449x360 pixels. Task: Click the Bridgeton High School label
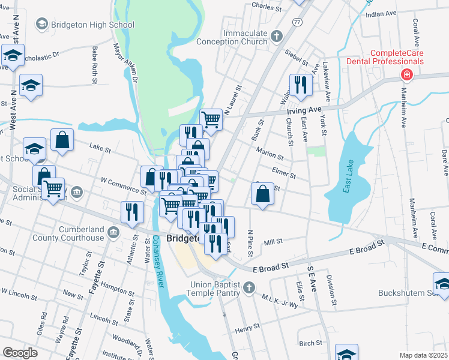[92, 25]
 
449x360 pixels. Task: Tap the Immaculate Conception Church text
[245, 37]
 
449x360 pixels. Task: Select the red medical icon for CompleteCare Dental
[406, 74]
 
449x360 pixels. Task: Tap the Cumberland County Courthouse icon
[112, 231]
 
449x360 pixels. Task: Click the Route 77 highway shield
[297, 22]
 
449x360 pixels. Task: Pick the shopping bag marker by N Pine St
[262, 194]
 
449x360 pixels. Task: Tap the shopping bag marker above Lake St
[62, 140]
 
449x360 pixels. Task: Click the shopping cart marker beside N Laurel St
[211, 120]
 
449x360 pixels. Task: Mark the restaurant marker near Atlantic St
[131, 211]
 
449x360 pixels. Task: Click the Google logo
[20, 352]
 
